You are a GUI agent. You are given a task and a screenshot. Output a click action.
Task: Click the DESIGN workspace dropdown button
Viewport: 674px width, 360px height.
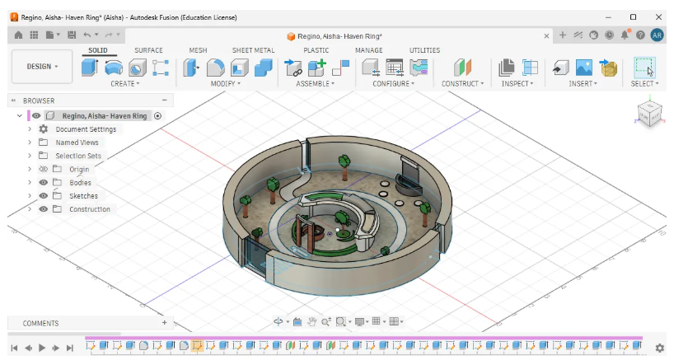click(42, 67)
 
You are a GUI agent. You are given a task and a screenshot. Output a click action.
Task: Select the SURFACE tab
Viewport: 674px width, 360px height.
click(148, 50)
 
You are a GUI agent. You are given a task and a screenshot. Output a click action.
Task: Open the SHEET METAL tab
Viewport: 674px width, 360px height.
click(253, 50)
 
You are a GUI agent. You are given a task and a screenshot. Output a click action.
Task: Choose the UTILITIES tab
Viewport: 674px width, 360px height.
click(424, 50)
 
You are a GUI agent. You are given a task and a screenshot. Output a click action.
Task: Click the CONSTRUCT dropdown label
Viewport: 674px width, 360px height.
click(462, 84)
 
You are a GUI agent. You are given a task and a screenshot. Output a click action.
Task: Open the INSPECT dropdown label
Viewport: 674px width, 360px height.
click(517, 84)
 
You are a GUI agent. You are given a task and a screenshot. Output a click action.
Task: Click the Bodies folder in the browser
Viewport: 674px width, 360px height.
click(80, 183)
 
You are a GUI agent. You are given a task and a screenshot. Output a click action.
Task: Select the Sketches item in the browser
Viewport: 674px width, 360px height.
click(83, 196)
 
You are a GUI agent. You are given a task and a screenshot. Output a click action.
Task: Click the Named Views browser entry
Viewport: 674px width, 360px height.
click(77, 143)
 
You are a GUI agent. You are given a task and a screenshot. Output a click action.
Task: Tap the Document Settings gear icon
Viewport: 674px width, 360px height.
click(44, 129)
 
